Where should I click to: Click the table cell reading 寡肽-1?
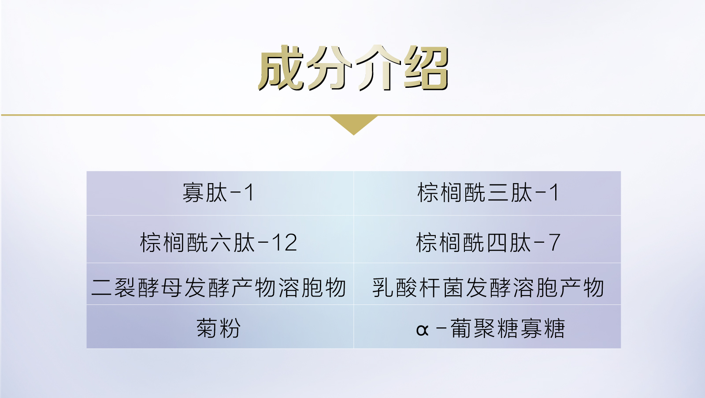[x=219, y=193]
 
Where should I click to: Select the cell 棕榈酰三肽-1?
[x=488, y=193]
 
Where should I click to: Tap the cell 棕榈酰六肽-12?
[x=219, y=243]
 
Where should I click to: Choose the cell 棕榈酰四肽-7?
[x=488, y=243]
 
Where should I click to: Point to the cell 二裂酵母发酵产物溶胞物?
[x=219, y=288]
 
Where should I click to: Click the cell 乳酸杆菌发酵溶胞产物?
[x=488, y=288]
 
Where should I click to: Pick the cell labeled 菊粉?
[x=219, y=328]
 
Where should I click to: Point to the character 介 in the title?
[x=378, y=69]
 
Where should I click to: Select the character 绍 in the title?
[x=426, y=69]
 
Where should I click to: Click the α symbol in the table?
[x=422, y=330]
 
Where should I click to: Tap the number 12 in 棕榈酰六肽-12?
[x=285, y=243]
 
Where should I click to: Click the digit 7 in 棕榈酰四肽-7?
[x=554, y=243]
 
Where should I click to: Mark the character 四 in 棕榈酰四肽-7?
[x=497, y=243]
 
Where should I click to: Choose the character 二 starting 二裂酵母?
[x=101, y=288]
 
